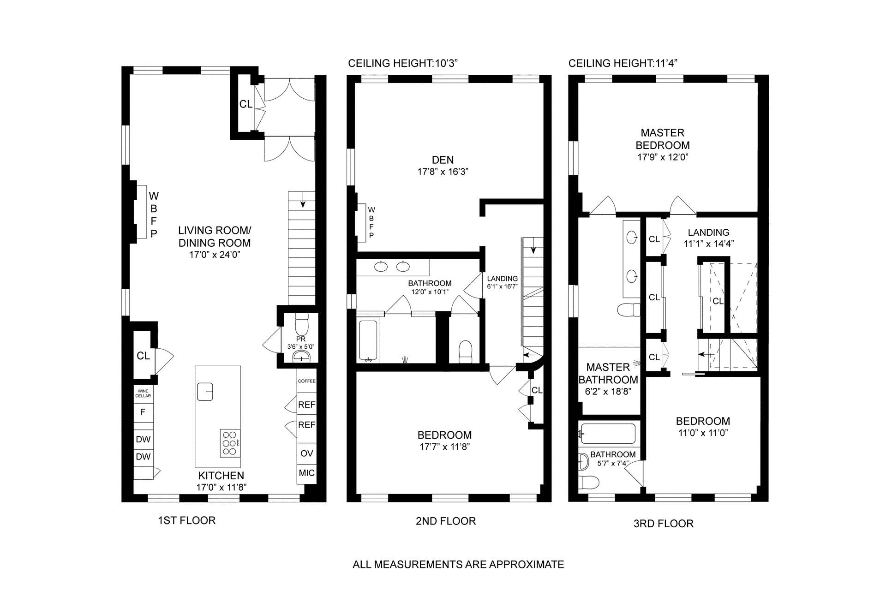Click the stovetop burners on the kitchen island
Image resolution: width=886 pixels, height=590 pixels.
pyautogui.click(x=230, y=443)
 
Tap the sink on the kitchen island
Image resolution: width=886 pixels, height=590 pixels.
pyautogui.click(x=205, y=392)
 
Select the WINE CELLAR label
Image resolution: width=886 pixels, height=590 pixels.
pyautogui.click(x=143, y=393)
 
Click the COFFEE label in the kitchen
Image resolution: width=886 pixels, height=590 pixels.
pyautogui.click(x=307, y=381)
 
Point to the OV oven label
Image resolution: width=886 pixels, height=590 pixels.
pyautogui.click(x=307, y=453)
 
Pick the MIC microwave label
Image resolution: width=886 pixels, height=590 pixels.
pyautogui.click(x=307, y=473)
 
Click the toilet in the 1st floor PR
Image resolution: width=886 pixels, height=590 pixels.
pyautogui.click(x=301, y=324)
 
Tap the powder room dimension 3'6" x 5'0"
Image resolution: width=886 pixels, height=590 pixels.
pyautogui.click(x=300, y=346)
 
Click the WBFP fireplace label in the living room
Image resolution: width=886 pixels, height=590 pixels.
pyautogui.click(x=154, y=215)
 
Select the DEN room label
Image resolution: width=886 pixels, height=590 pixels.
pyautogui.click(x=443, y=160)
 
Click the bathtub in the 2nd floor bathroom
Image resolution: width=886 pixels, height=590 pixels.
pyautogui.click(x=369, y=341)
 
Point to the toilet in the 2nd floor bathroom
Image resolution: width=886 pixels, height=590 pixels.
pyautogui.click(x=466, y=352)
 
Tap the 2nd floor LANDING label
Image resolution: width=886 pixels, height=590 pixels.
pyautogui.click(x=503, y=279)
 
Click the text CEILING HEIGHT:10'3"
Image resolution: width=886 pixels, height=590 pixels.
pyautogui.click(x=403, y=63)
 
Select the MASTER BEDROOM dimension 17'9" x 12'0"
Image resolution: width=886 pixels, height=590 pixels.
pyautogui.click(x=663, y=157)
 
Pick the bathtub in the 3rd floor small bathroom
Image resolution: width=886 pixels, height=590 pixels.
pyautogui.click(x=608, y=434)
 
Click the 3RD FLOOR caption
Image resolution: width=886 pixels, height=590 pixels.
pyautogui.click(x=664, y=524)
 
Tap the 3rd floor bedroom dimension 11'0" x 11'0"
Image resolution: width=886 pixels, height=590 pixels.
pyautogui.click(x=703, y=433)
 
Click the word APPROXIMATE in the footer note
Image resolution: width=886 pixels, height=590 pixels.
pyautogui.click(x=527, y=565)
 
